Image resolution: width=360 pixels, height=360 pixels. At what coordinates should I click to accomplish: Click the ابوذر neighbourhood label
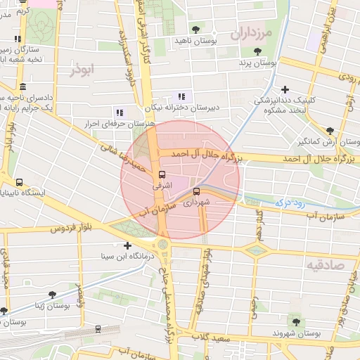coord(82,70)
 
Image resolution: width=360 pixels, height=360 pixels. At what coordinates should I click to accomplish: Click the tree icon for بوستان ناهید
coord(195,30)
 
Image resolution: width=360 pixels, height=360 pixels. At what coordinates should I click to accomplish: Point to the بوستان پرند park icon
coord(257,51)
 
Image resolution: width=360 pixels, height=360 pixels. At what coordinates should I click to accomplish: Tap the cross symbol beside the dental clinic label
coord(284,89)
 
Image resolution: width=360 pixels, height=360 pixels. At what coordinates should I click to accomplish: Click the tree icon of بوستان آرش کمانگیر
coord(330,130)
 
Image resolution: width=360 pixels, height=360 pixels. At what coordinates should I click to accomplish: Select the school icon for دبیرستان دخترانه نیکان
coord(181,96)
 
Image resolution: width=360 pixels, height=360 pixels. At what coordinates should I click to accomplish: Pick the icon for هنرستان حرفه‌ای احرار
coord(118,112)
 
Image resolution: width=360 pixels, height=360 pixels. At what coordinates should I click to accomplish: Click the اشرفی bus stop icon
coord(162,174)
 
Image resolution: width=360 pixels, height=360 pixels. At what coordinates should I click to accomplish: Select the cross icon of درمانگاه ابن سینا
coord(127,246)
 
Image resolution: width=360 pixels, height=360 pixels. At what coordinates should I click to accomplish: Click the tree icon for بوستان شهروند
coord(296,321)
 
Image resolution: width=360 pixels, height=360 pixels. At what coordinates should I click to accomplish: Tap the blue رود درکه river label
coord(287,201)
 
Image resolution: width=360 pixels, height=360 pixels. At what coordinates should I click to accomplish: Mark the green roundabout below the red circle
coord(164,244)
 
